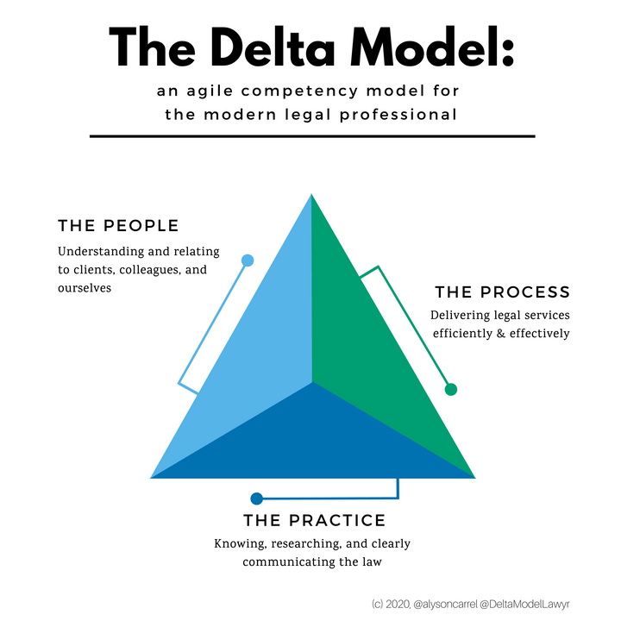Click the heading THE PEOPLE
coord(118,226)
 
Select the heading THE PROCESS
coord(502,292)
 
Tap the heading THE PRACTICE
coord(314,521)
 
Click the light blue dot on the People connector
coord(248,260)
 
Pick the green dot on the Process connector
coord(450,390)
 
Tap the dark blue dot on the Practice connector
coord(256,499)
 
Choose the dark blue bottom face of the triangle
coord(312,440)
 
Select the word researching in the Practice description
coord(304,544)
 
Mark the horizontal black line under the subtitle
coord(311,135)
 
